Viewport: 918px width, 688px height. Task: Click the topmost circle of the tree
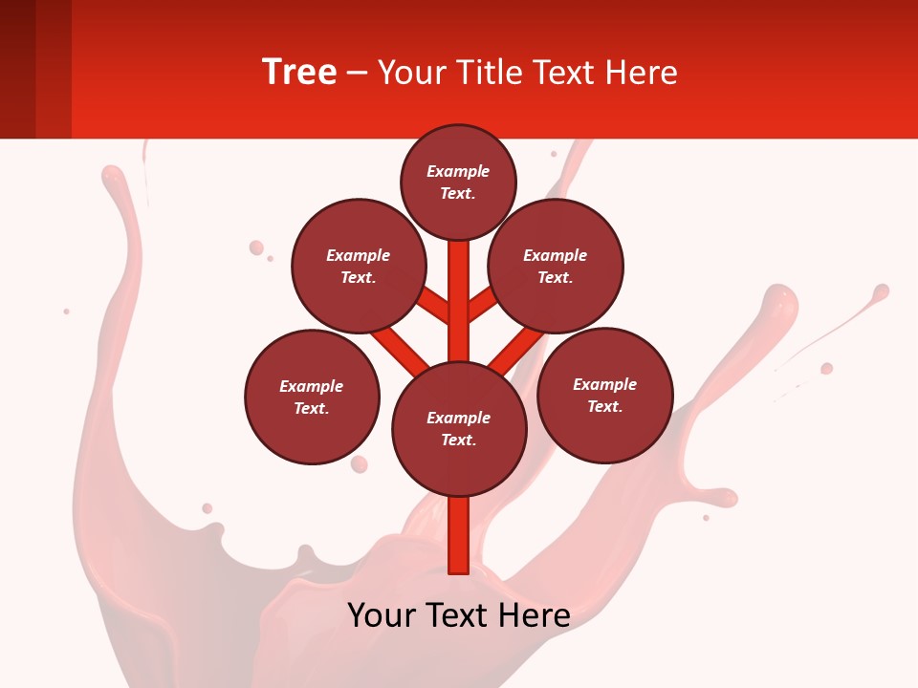[458, 182]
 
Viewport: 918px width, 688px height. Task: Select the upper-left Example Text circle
[359, 266]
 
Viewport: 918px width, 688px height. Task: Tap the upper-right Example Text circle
[556, 266]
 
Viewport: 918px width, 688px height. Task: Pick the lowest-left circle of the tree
[312, 397]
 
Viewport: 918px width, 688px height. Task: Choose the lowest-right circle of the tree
[605, 395]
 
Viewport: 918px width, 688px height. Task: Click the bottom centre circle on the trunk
[459, 429]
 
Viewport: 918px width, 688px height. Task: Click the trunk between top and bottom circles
[459, 301]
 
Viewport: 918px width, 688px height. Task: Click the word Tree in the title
[299, 72]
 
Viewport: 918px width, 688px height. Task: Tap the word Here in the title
[644, 72]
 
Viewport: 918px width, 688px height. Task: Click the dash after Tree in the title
[357, 73]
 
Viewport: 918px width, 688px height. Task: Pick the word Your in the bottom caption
[382, 614]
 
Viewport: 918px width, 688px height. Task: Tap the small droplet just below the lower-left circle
[359, 464]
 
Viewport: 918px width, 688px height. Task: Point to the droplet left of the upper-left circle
[256, 247]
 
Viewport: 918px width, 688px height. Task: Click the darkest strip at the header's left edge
[17, 69]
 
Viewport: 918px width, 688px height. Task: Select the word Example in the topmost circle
[458, 171]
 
